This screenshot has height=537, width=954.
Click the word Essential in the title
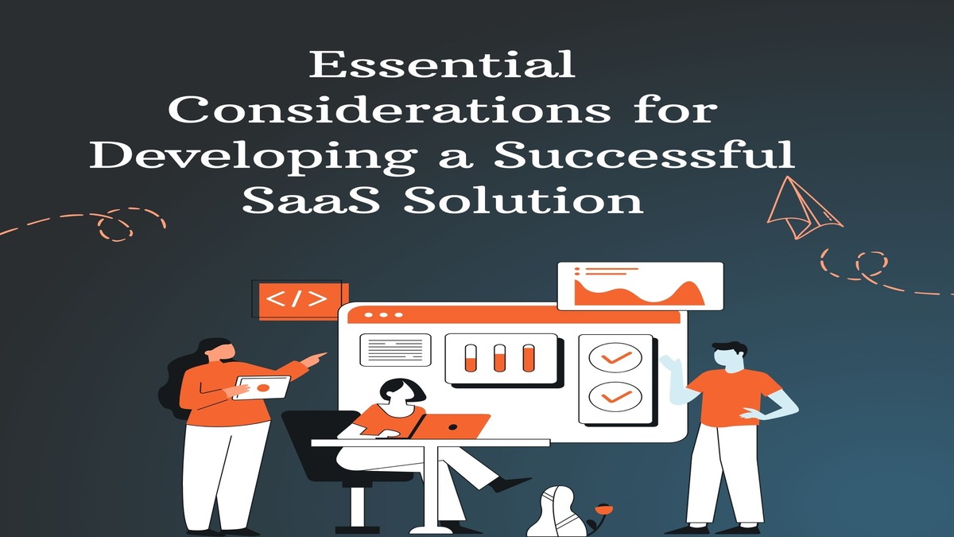[x=442, y=64]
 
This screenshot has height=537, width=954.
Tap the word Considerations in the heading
[x=390, y=110]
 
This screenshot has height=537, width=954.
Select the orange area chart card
[x=640, y=286]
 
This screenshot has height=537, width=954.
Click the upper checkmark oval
[x=615, y=357]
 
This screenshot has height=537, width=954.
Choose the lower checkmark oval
[x=615, y=396]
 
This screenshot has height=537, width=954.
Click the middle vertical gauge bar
[x=499, y=358]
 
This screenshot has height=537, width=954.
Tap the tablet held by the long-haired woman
[x=262, y=387]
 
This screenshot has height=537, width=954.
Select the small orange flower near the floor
[x=603, y=508]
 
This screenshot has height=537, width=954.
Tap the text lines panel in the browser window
[x=395, y=350]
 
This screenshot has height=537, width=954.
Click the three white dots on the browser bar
[x=383, y=315]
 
